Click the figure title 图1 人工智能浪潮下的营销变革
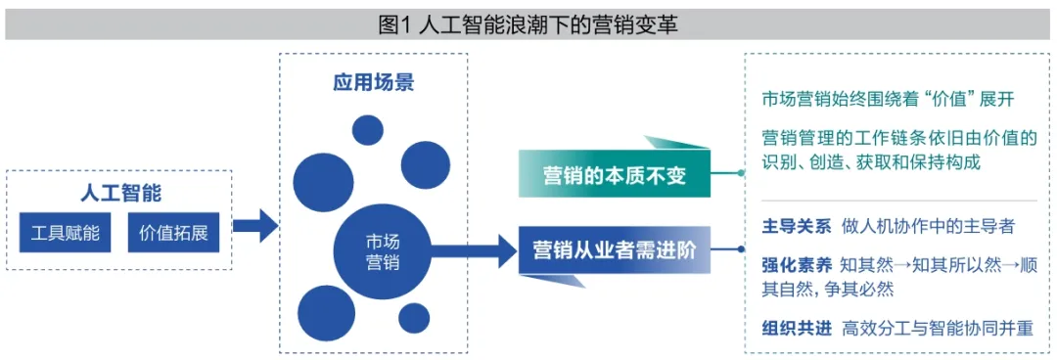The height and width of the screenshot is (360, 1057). (528, 24)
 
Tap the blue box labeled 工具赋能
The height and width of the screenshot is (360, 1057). (66, 233)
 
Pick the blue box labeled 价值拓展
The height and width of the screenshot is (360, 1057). (173, 233)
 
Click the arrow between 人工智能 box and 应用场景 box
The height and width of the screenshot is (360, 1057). (253, 227)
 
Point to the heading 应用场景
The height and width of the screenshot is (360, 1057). (373, 82)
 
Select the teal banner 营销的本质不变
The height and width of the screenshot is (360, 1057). (616, 176)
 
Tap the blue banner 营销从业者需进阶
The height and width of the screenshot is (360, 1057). (614, 249)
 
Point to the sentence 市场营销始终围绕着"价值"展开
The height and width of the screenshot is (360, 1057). (888, 99)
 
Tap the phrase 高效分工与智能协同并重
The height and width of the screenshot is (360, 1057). (937, 329)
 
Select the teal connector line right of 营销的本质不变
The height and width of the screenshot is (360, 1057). (728, 173)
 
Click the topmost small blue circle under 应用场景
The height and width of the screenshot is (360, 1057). (368, 130)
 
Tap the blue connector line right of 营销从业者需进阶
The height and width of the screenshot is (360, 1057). (728, 249)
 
